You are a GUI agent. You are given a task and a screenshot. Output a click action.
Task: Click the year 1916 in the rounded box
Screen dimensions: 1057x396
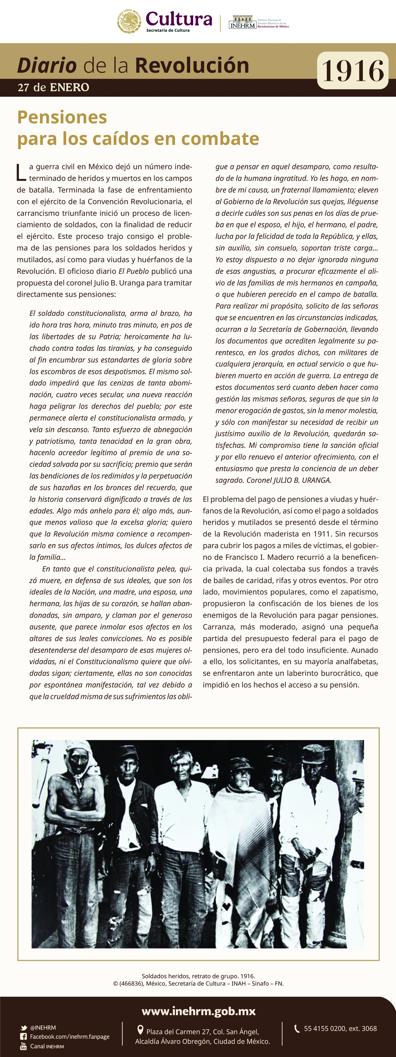(x=352, y=71)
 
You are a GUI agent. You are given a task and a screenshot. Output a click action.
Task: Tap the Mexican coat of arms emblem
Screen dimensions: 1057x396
(x=129, y=21)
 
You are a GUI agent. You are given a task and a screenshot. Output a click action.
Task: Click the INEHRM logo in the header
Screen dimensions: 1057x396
(x=243, y=22)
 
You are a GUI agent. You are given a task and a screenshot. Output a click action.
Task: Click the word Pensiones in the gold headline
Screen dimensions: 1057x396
(x=62, y=117)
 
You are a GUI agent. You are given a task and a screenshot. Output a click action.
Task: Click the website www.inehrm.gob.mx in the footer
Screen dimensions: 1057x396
(x=199, y=1011)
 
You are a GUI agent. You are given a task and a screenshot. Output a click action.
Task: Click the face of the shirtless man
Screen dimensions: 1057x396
(x=78, y=763)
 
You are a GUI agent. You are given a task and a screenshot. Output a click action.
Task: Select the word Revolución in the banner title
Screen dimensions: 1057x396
(x=192, y=66)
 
